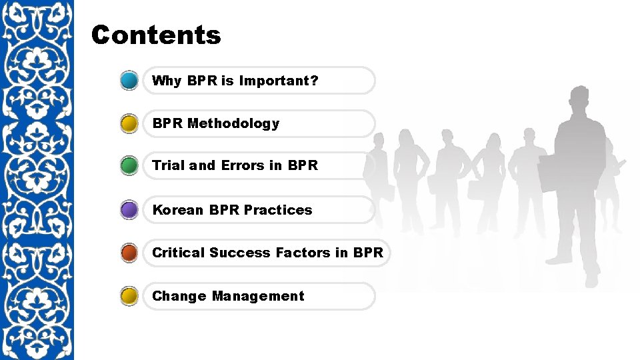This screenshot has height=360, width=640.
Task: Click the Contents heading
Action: point(156,35)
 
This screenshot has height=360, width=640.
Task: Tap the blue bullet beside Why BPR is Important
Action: point(130,81)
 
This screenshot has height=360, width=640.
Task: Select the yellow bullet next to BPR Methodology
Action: point(130,124)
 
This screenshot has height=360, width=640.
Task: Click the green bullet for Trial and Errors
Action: point(130,165)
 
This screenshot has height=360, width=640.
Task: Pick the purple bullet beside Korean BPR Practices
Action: point(130,210)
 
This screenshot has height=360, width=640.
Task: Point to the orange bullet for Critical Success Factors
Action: point(130,253)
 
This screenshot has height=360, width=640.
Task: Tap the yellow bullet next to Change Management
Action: point(130,296)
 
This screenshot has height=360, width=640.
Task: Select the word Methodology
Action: point(233,123)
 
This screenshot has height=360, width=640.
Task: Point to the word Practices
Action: point(278,210)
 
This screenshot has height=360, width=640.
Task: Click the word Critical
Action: point(178,253)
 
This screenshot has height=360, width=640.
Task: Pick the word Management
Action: point(258,296)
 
